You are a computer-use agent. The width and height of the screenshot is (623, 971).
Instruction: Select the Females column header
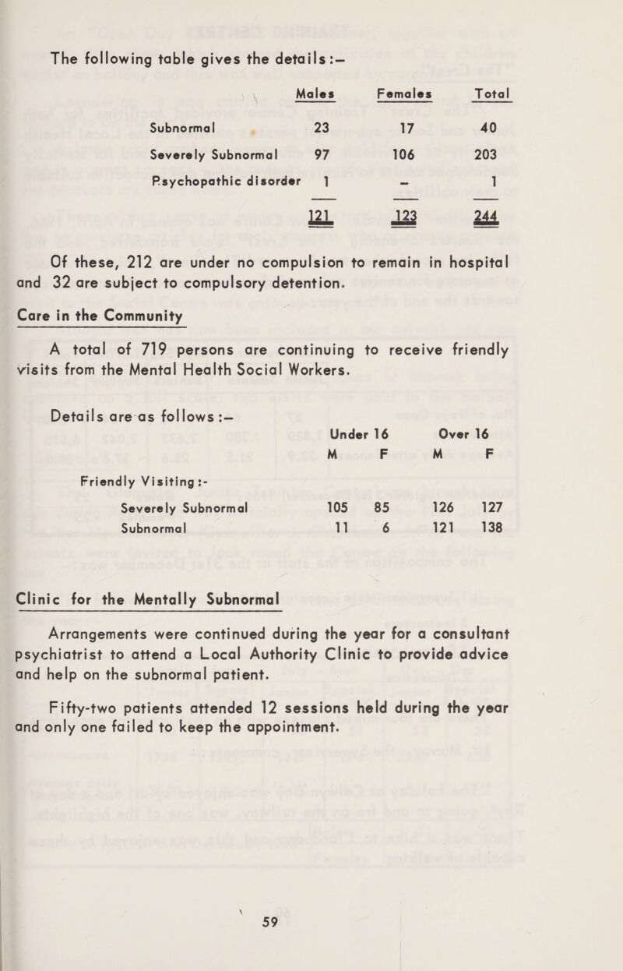click(404, 93)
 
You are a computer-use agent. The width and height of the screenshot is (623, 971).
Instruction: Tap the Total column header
click(491, 93)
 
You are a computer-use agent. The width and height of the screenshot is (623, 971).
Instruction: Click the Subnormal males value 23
click(317, 125)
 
